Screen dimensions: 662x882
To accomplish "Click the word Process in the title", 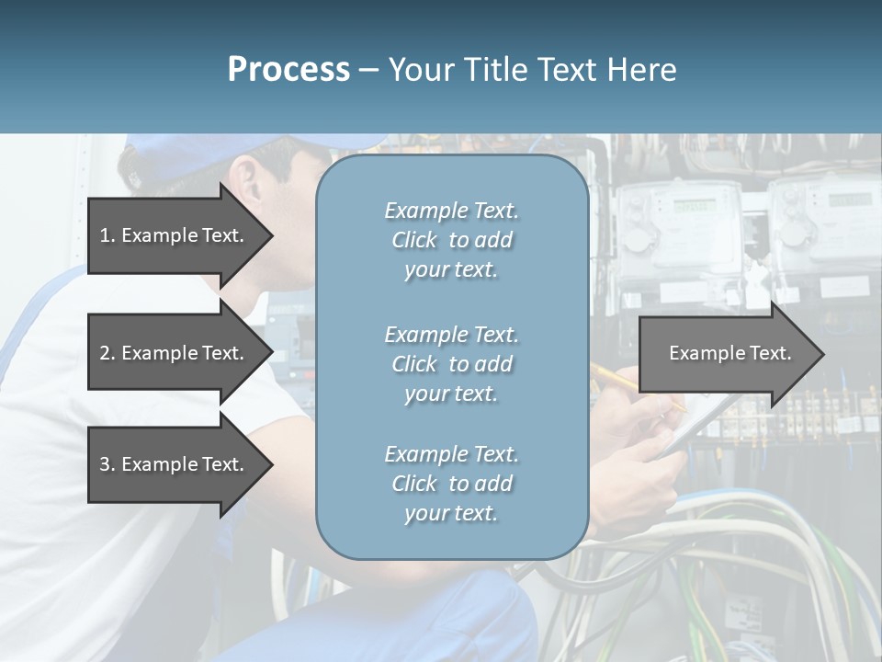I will click(x=288, y=70).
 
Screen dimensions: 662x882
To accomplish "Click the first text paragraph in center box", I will click(x=451, y=240).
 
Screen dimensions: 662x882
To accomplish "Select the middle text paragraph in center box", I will click(x=451, y=364).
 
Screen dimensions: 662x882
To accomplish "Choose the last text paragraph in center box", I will click(x=451, y=484).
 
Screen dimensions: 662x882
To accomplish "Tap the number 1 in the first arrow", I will click(x=105, y=235).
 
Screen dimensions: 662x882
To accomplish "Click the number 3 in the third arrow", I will click(x=105, y=464).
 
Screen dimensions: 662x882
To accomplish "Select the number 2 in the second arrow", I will click(x=105, y=353).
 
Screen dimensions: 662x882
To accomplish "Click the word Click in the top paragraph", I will click(x=413, y=240).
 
